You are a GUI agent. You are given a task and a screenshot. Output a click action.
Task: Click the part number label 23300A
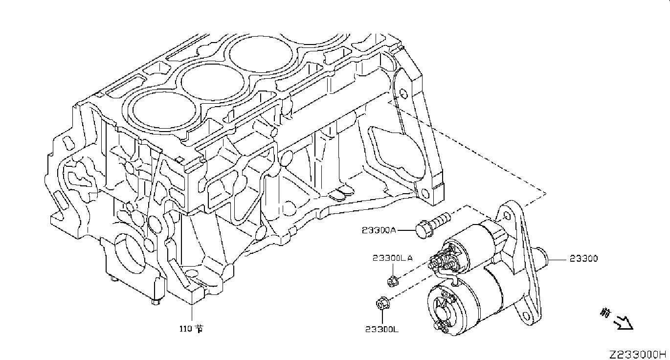(x=379, y=229)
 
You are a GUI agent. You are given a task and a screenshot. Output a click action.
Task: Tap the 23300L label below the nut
(x=381, y=329)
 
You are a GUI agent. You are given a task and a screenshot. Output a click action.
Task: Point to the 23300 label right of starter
(x=583, y=259)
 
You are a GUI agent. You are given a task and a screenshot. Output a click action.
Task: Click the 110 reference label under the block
(x=190, y=329)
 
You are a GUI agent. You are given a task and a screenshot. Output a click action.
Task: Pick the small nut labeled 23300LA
(x=391, y=281)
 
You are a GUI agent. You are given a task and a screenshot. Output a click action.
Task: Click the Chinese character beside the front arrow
(x=606, y=312)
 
